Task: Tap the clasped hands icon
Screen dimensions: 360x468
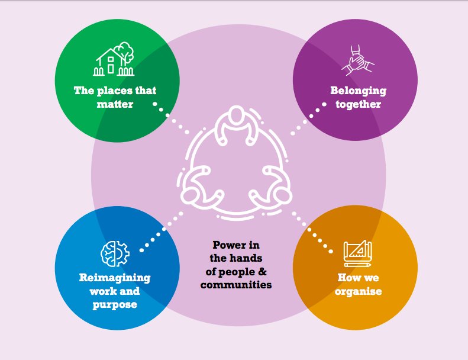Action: click(357, 61)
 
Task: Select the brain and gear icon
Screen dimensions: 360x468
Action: click(114, 253)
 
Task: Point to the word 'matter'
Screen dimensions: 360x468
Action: click(115, 104)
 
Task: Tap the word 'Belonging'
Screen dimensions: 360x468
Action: click(358, 91)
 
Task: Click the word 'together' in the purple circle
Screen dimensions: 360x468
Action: click(358, 104)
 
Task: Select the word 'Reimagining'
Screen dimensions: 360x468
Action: click(115, 278)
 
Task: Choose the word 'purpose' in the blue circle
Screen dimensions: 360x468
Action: click(115, 304)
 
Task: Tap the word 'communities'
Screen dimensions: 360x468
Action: click(235, 284)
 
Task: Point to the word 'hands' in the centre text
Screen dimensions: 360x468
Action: click(244, 258)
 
